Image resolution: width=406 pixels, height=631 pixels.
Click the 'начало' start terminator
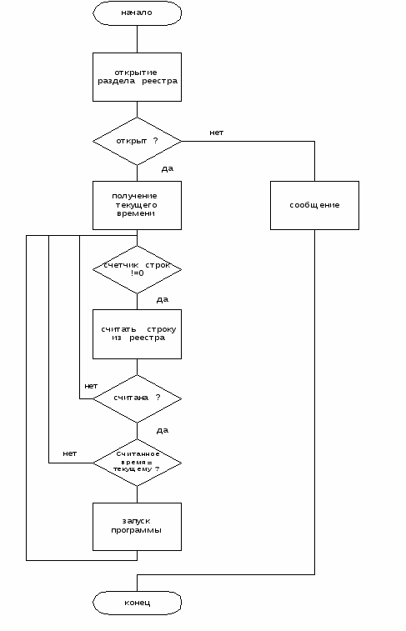(137, 13)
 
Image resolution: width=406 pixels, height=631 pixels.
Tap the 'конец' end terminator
(137, 603)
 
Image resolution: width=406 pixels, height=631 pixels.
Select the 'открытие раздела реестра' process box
(137, 77)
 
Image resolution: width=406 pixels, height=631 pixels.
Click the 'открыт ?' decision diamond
(137, 141)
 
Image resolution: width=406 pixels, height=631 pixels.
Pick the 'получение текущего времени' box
(137, 205)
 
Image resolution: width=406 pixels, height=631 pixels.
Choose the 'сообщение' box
(314, 205)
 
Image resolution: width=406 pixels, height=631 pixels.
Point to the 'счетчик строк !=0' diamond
(137, 269)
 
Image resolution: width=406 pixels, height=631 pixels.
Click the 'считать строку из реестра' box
(137, 334)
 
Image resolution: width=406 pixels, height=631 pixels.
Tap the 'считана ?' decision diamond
(137, 398)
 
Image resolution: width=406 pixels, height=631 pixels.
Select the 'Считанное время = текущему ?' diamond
(137, 463)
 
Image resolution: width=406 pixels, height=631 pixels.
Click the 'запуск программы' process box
(137, 526)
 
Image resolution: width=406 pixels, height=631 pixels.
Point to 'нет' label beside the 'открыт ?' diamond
(216, 133)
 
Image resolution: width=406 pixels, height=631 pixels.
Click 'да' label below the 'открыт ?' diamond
(168, 168)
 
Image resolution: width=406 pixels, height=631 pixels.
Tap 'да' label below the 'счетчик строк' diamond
(163, 300)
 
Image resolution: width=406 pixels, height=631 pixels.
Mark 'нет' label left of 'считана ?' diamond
(91, 386)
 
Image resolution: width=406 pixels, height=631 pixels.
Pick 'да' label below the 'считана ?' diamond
(163, 431)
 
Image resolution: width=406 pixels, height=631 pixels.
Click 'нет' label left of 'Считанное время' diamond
(69, 453)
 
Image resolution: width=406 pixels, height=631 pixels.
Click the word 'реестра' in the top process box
(159, 82)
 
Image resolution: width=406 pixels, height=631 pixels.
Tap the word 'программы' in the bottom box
(136, 530)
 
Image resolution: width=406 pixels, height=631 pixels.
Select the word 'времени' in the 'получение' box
(136, 213)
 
